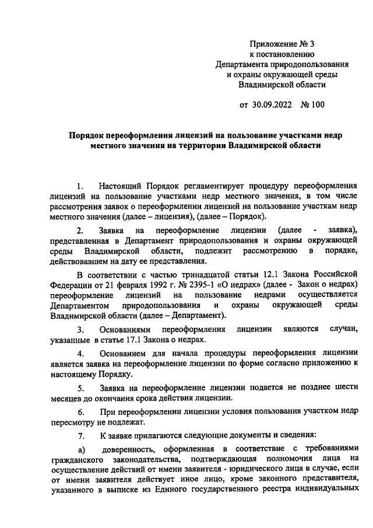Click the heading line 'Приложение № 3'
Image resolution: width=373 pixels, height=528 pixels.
(281, 44)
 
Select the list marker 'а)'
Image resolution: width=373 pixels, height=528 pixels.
(82, 450)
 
